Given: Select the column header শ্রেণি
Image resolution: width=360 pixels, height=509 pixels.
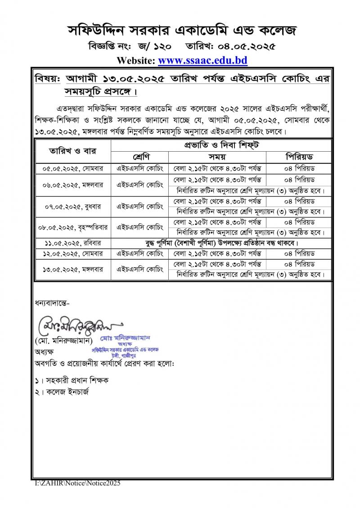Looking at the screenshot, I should click(139, 157).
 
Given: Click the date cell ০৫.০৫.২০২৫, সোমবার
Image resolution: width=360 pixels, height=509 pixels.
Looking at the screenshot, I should click(72, 168).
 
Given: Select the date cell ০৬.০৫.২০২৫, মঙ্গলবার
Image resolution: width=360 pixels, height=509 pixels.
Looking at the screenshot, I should click(72, 185).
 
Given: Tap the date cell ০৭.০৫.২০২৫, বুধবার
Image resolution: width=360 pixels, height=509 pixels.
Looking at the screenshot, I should click(72, 207).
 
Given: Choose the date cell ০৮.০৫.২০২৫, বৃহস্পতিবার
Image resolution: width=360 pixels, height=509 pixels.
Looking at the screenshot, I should click(72, 227).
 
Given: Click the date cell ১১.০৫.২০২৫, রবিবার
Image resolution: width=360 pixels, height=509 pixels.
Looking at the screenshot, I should click(72, 243).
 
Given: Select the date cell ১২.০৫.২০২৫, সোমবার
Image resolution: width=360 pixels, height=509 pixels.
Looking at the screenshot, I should click(72, 253).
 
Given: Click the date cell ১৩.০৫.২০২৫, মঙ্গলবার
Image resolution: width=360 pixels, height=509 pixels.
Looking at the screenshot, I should click(72, 269).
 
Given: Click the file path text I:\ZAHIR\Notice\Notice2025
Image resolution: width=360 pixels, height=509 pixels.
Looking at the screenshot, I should click(78, 483).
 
